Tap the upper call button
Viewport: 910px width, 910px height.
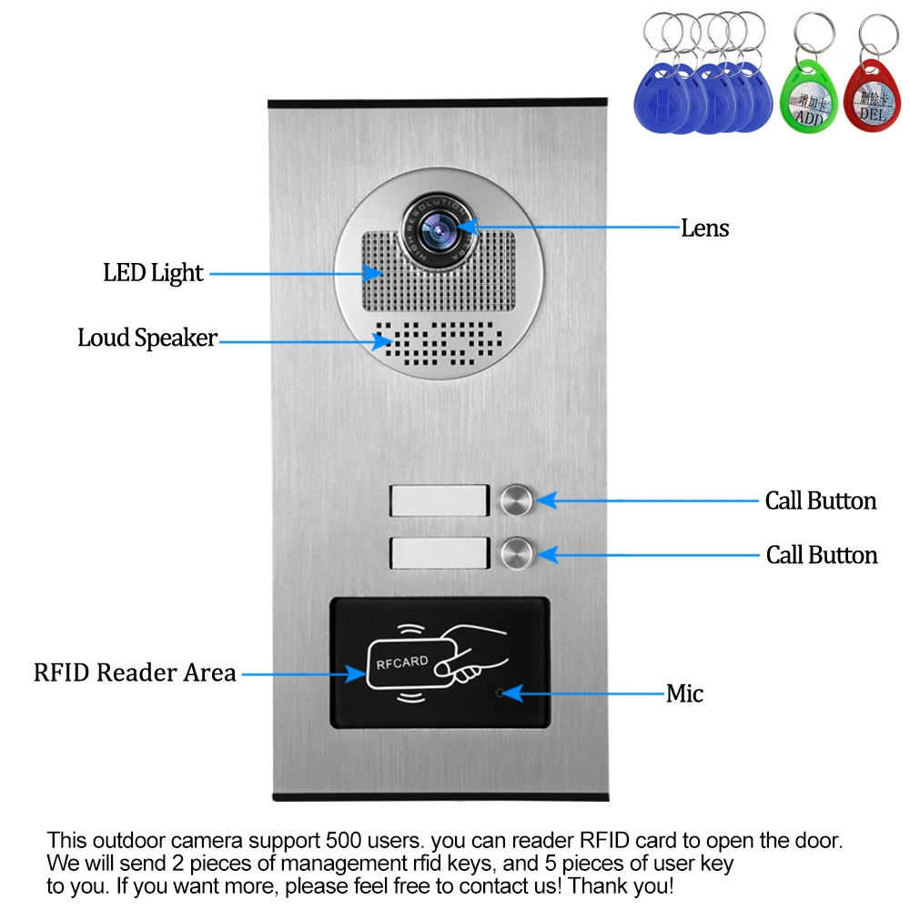tap(516, 500)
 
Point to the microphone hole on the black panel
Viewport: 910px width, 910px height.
tap(499, 693)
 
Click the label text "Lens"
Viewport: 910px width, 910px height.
tap(704, 227)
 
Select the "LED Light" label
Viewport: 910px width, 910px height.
tap(153, 272)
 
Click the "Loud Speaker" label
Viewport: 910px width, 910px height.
tap(147, 339)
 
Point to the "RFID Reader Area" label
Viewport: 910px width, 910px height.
tap(135, 673)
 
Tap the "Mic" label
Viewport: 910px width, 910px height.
tap(684, 694)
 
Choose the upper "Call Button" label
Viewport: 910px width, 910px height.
tap(820, 500)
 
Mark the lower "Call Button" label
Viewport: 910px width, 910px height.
tap(821, 555)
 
